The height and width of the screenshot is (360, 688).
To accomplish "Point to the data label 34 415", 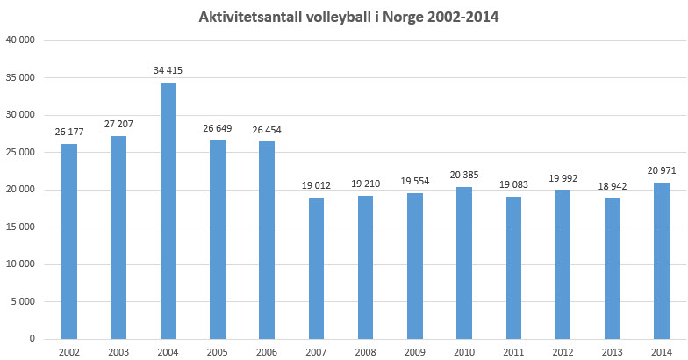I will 167,70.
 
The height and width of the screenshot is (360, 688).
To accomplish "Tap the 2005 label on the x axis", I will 217,351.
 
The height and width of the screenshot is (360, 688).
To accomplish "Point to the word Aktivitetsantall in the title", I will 250,15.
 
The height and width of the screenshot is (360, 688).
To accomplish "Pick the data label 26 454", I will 267,130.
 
